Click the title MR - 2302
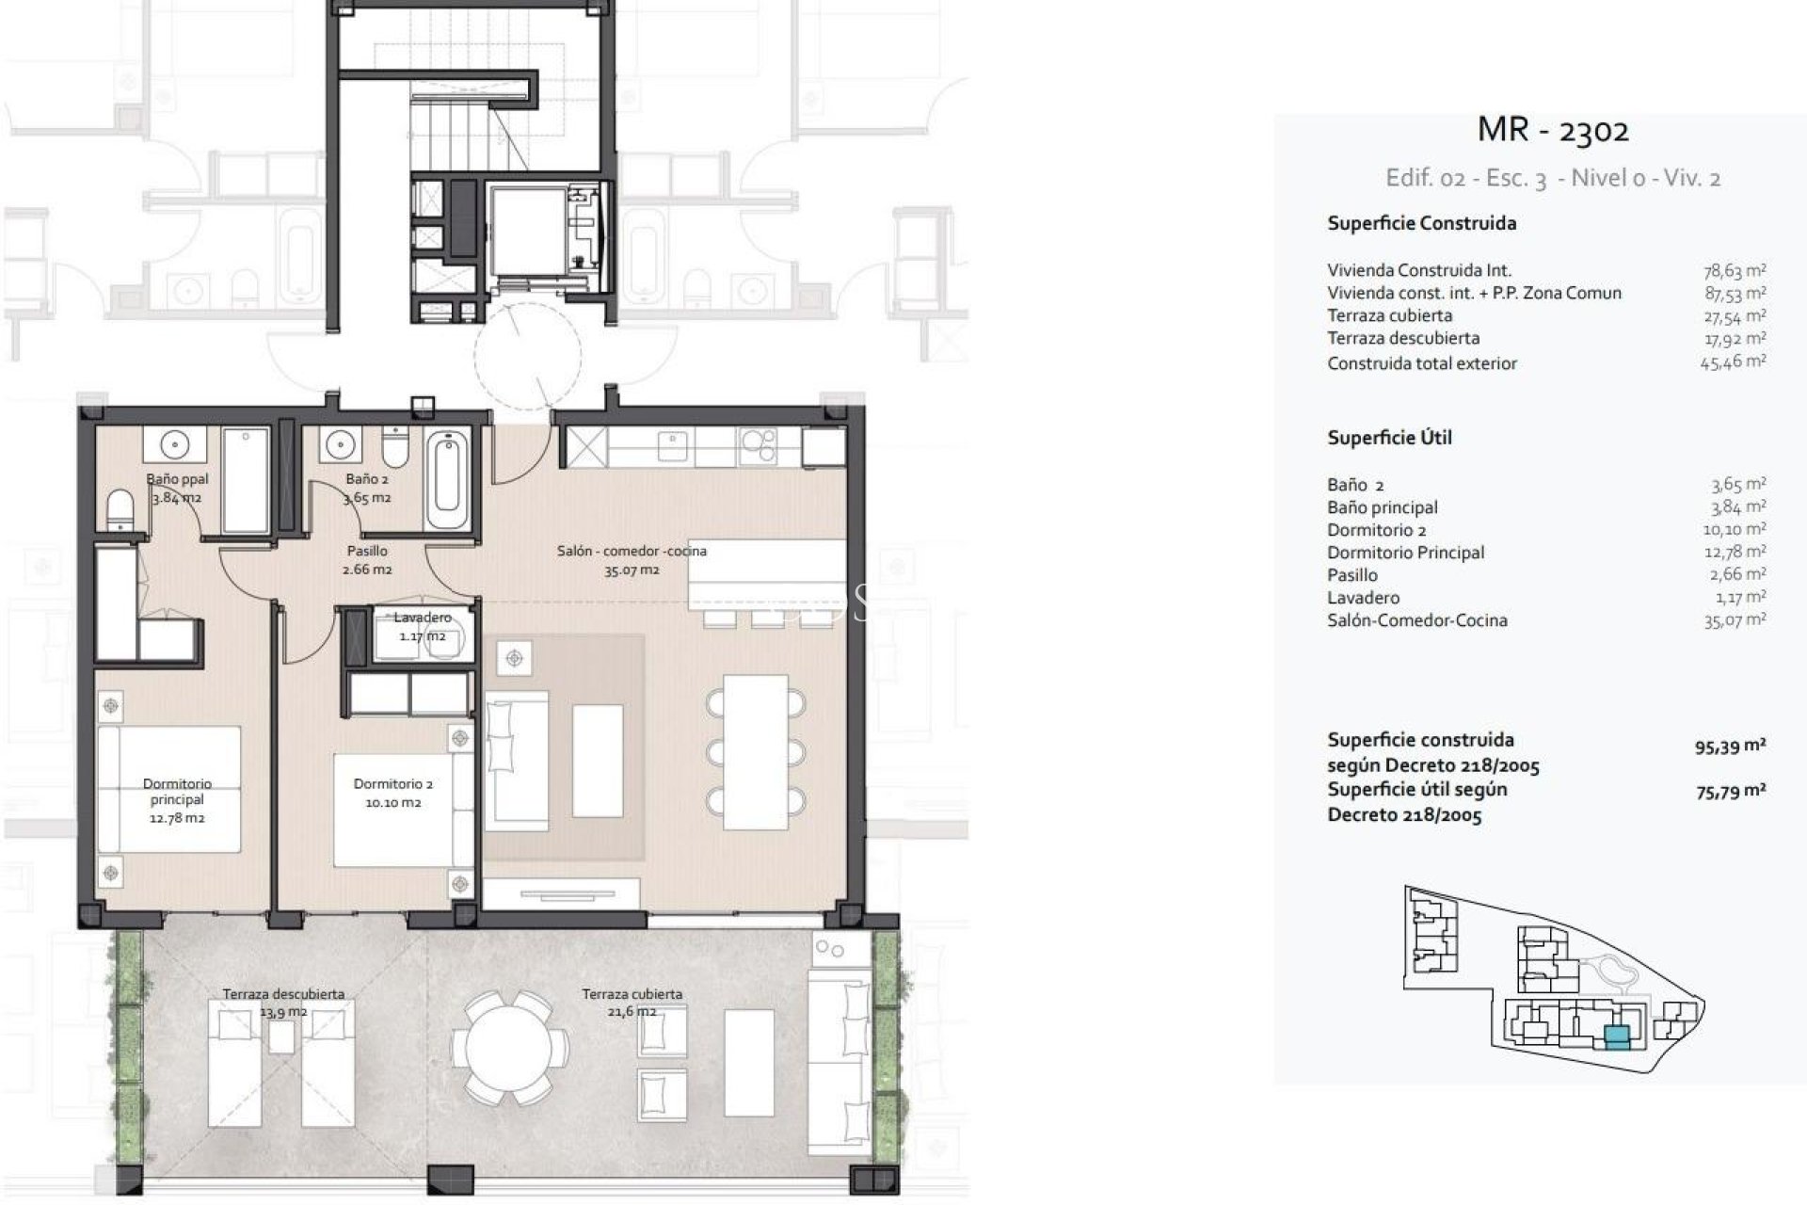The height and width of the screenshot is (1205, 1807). [1553, 130]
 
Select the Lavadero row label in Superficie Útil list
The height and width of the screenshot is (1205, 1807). [1363, 598]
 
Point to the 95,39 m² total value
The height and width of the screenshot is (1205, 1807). [1730, 747]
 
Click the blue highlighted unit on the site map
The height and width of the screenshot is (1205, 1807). [1616, 1037]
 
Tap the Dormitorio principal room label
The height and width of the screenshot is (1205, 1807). [177, 800]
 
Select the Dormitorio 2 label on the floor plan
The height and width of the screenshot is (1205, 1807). [393, 793]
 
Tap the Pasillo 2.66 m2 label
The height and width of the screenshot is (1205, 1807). [367, 560]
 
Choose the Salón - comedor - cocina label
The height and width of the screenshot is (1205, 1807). [632, 560]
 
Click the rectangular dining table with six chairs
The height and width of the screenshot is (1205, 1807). [756, 751]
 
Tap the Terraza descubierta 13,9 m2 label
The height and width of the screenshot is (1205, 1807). [283, 1003]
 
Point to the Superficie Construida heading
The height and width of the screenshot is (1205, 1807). [1421, 224]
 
